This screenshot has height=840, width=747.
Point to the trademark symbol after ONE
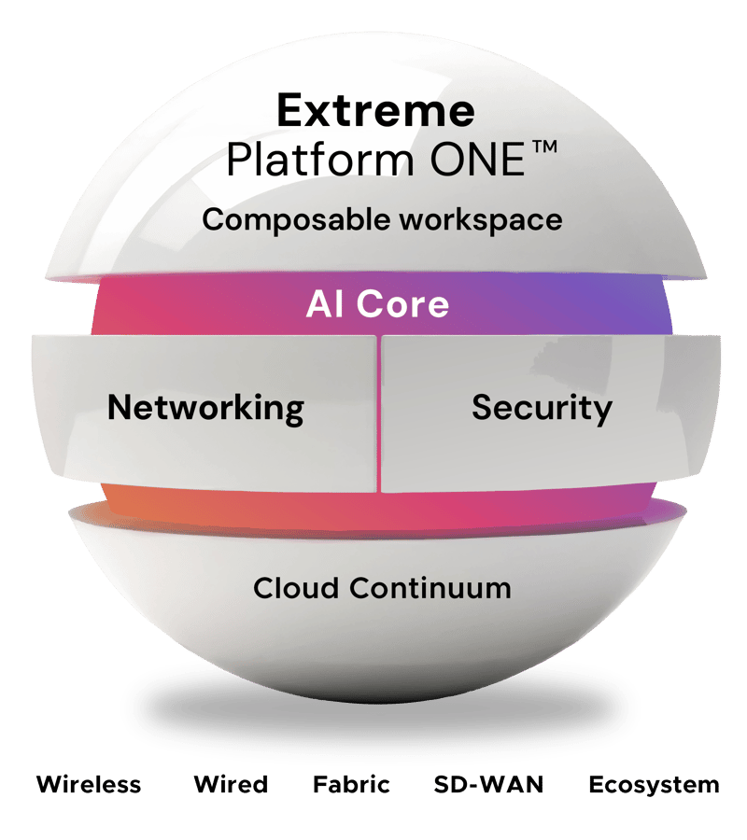pyautogui.click(x=543, y=149)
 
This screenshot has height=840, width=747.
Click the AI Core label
pyautogui.click(x=377, y=304)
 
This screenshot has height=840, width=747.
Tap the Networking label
pyautogui.click(x=205, y=408)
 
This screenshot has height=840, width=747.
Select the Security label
pyautogui.click(x=542, y=408)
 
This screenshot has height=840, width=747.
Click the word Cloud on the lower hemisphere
pyautogui.click(x=297, y=588)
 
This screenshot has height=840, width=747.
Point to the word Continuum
pyautogui.click(x=430, y=588)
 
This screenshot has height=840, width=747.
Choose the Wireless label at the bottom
pyautogui.click(x=89, y=784)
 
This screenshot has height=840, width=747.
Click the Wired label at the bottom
pyautogui.click(x=231, y=784)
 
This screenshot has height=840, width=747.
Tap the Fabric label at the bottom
pyautogui.click(x=351, y=784)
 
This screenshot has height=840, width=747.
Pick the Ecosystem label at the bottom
pyautogui.click(x=654, y=784)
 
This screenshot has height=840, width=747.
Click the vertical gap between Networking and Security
pyautogui.click(x=378, y=411)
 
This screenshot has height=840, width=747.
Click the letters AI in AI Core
pyautogui.click(x=322, y=304)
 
